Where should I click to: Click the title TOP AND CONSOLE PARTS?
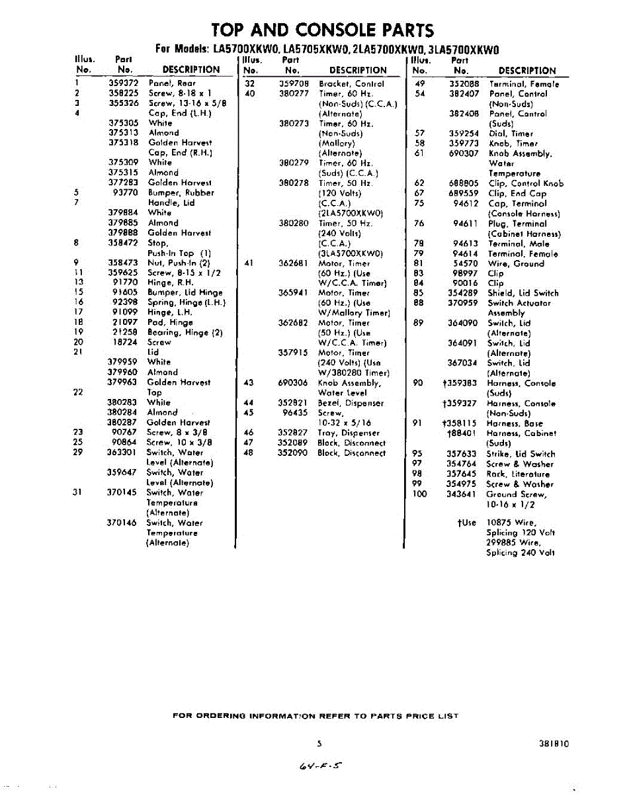(322, 30)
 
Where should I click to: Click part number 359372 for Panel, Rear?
(124, 83)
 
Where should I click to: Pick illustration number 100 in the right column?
(420, 494)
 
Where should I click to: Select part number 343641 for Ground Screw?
(462, 494)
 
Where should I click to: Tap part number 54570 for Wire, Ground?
(466, 263)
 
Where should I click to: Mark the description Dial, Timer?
(511, 133)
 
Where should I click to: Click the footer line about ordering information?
(315, 716)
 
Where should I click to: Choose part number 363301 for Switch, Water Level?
(122, 453)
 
